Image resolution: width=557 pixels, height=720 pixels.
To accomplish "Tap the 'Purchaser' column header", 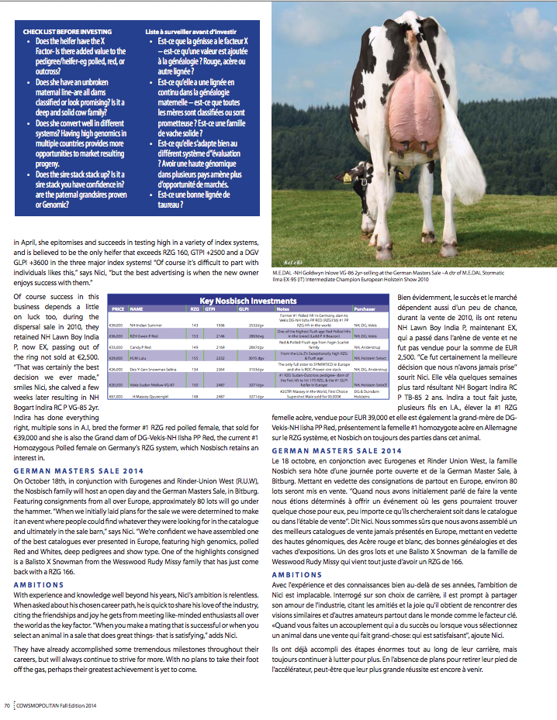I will (365, 308).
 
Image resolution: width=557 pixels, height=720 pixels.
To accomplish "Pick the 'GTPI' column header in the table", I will (220, 308).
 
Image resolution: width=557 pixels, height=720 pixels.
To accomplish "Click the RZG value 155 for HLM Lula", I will (195, 358).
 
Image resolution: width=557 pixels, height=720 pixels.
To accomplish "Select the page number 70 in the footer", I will (7, 704).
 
